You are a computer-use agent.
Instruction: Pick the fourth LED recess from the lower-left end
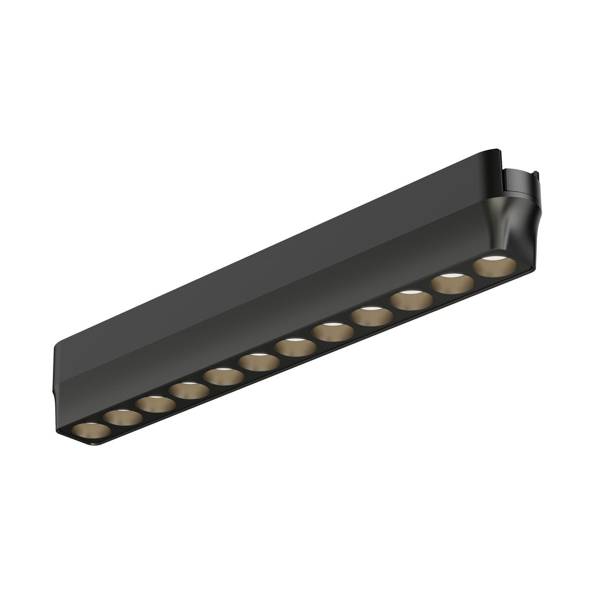[189, 391]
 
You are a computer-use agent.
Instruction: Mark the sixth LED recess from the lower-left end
[259, 363]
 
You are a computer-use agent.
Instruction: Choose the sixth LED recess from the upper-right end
[296, 348]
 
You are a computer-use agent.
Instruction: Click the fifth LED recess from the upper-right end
[333, 333]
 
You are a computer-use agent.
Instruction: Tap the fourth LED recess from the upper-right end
[371, 317]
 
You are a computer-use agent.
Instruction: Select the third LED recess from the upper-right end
[410, 301]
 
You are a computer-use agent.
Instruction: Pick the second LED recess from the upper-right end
[452, 284]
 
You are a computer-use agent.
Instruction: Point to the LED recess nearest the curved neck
[494, 267]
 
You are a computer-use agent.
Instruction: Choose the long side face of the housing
[275, 309]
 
